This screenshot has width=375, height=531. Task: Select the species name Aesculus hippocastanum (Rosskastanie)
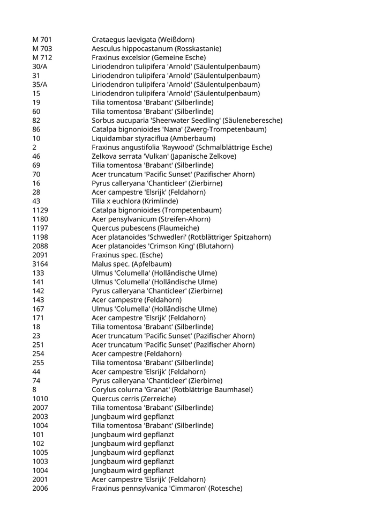156,49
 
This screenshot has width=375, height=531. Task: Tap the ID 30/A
40,67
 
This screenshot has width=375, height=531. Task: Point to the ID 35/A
40,85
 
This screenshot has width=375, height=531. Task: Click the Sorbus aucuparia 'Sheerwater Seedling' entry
187,121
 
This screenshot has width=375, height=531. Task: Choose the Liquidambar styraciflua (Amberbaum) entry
154,138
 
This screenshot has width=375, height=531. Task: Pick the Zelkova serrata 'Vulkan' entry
164,157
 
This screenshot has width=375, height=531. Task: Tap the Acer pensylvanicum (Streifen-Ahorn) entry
151,219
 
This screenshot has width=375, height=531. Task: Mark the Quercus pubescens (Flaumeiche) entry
145,228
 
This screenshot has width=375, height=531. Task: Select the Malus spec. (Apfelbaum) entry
132,264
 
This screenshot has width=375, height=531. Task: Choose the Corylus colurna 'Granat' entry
172,390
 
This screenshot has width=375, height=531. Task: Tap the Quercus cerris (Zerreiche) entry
141,399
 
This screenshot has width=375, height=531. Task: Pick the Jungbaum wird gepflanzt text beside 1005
133,453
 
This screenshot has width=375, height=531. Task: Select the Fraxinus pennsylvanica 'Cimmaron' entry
167,489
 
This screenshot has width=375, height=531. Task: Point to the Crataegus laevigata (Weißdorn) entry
143,40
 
